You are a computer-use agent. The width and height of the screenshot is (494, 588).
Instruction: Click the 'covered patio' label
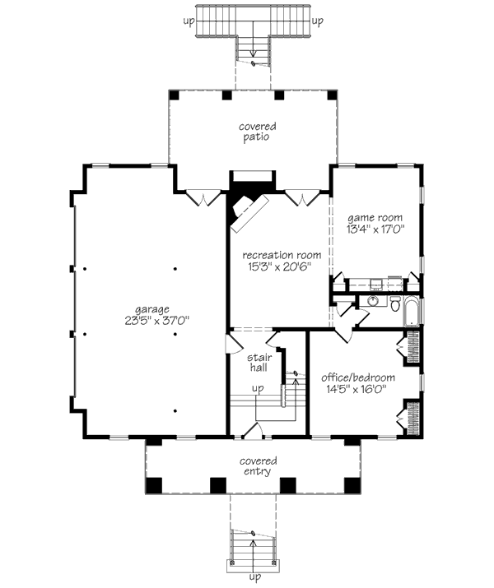point(257,132)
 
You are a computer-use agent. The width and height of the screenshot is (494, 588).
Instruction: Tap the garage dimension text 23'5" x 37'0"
point(157,321)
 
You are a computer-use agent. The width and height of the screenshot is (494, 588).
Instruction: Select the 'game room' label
point(375,217)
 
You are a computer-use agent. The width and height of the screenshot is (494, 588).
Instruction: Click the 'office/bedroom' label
point(358,377)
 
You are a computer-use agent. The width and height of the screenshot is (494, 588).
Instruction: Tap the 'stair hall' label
point(259,362)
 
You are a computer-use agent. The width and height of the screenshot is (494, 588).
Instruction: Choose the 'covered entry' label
point(259,466)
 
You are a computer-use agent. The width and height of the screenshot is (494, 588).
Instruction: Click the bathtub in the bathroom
point(412,311)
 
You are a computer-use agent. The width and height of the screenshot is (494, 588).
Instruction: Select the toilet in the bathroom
point(395,303)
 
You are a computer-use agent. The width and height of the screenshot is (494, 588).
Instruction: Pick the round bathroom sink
point(373,301)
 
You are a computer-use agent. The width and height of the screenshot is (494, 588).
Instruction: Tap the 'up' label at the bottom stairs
point(255,576)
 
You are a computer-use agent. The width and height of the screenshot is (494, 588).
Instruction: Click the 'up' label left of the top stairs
point(189,21)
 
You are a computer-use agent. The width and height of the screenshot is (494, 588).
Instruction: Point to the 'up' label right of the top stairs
point(317,21)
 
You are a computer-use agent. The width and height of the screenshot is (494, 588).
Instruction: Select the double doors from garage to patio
point(203,198)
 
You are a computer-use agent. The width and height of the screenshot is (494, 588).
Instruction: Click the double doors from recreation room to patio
point(302,198)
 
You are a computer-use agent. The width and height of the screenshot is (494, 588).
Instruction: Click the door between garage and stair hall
point(233,343)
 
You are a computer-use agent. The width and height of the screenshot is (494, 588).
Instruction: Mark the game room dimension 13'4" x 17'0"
point(375,229)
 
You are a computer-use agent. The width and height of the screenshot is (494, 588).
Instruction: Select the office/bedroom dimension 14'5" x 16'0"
point(357,389)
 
